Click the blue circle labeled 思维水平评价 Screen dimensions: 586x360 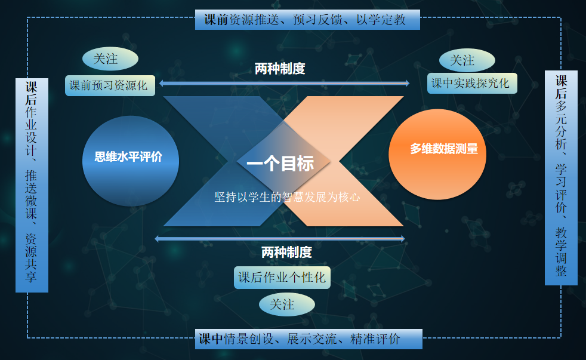pyautogui.click(x=131, y=161)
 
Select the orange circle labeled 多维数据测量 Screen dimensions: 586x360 pyautogui.click(x=437, y=154)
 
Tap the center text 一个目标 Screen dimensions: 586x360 pyautogui.click(x=280, y=164)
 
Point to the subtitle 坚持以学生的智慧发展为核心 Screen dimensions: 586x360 pyautogui.click(x=287, y=196)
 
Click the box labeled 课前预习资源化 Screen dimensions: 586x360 pyautogui.click(x=110, y=85)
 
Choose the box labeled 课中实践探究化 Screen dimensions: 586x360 pyautogui.click(x=472, y=83)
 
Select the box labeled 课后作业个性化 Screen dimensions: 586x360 pyautogui.click(x=282, y=278)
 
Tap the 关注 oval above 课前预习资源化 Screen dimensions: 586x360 pyautogui.click(x=110, y=59)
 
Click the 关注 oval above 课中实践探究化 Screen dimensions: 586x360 pyautogui.click(x=467, y=60)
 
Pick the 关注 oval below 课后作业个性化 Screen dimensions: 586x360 pyautogui.click(x=287, y=304)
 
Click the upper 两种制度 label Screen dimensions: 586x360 pyautogui.click(x=280, y=69)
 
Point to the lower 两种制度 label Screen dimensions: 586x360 pyautogui.click(x=286, y=253)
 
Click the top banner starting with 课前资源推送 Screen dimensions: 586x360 pyautogui.click(x=307, y=20)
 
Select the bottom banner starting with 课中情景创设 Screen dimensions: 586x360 pyautogui.click(x=309, y=339)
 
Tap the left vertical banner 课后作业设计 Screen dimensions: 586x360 pyautogui.click(x=32, y=185)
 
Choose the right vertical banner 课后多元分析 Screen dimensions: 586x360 pyautogui.click(x=561, y=178)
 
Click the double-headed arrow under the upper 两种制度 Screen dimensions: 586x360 pyautogui.click(x=285, y=83)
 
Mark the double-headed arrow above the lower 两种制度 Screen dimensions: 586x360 pyautogui.click(x=280, y=238)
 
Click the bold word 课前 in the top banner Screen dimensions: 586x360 pyautogui.click(x=216, y=20)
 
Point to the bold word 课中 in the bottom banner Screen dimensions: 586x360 pyautogui.click(x=211, y=339)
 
